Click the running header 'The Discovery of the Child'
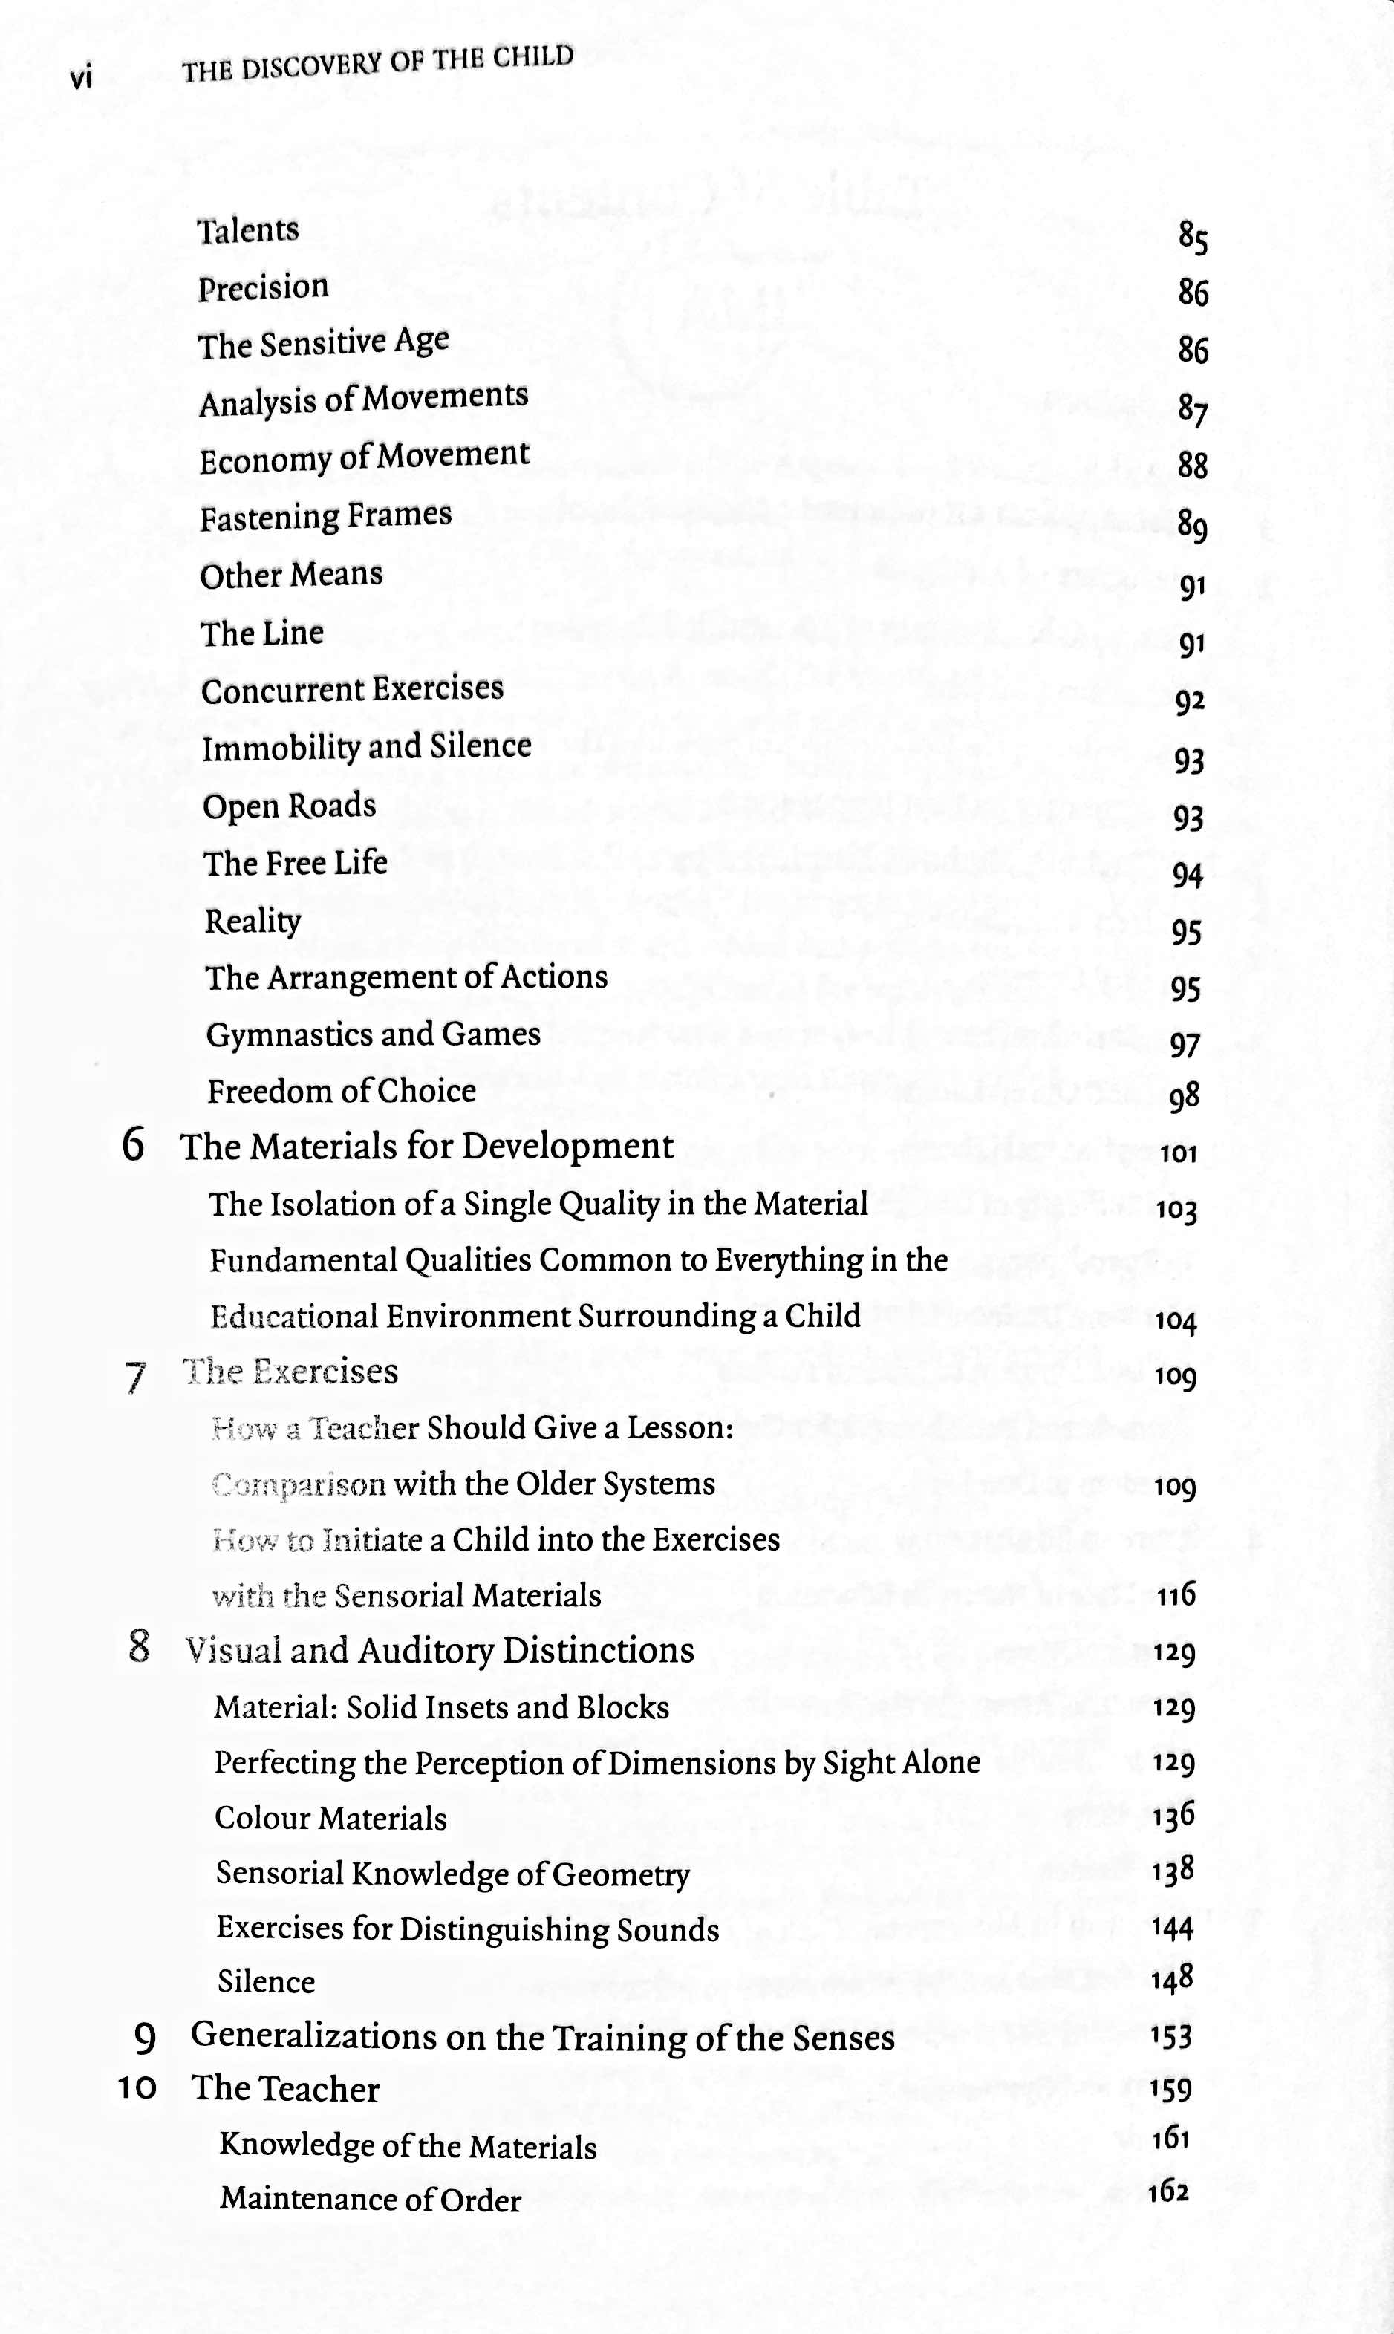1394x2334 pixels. [377, 64]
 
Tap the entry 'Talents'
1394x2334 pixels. [248, 230]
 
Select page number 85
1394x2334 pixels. [1193, 237]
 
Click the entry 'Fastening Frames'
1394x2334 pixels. [326, 515]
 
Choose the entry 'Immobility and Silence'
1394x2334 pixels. [366, 747]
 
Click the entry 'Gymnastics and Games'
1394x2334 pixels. [373, 1034]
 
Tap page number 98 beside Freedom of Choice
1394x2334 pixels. [1185, 1096]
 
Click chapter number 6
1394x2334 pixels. [134, 1145]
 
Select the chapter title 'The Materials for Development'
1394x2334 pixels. [427, 1147]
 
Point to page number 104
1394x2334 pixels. [1176, 1322]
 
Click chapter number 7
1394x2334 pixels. [135, 1378]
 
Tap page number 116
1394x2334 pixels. [1176, 1594]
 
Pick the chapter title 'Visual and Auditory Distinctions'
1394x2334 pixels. [440, 1650]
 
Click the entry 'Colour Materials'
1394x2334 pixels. [330, 1819]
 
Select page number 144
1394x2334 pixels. [1173, 1929]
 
